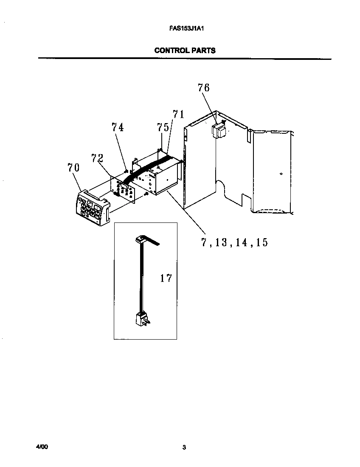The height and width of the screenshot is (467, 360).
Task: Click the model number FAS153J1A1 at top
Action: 184,30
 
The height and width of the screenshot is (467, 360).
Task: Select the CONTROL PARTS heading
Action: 185,50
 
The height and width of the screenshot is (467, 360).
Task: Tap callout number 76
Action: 203,88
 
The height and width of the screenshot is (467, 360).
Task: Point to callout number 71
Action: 178,114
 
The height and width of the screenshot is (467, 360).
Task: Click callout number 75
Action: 163,127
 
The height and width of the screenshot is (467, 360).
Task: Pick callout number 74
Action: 118,127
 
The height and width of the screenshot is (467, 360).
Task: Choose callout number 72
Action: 98,159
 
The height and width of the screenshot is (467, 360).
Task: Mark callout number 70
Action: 73,167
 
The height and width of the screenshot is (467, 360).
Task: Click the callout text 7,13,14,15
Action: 234,242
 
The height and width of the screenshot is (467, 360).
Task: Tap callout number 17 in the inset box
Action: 166,278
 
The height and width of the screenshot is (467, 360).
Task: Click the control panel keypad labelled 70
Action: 92,207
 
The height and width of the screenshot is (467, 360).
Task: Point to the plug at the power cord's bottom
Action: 141,318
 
